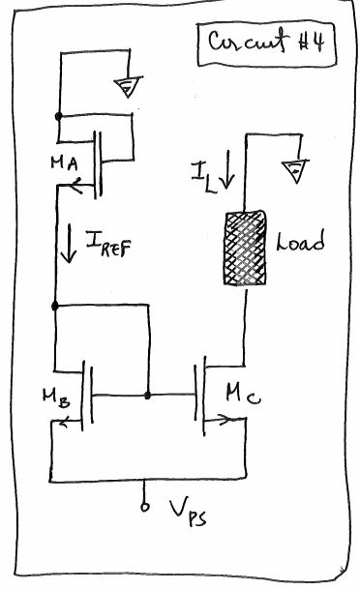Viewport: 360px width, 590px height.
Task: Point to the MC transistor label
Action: coord(244,392)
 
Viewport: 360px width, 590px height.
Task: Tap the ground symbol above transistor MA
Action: coord(125,90)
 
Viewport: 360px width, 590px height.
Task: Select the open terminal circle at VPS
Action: coord(145,504)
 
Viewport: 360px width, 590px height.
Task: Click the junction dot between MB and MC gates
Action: coord(146,395)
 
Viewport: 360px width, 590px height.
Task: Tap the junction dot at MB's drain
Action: coord(55,307)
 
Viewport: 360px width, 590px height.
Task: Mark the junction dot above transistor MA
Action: coord(58,116)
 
